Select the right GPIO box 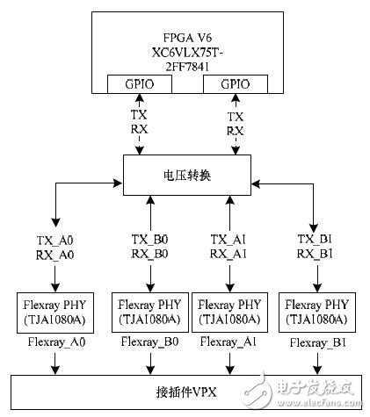234,85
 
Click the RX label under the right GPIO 234,129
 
